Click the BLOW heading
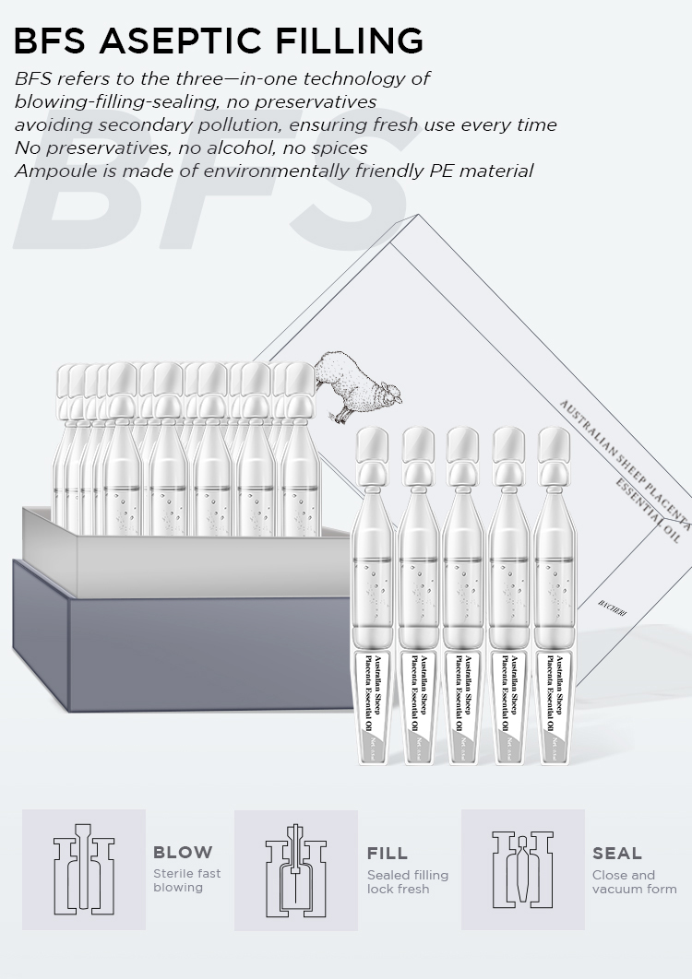pyautogui.click(x=183, y=853)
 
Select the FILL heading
pyautogui.click(x=388, y=854)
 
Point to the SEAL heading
pyautogui.click(x=617, y=854)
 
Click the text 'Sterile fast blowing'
pyautogui.click(x=186, y=880)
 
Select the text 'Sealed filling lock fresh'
pyautogui.click(x=407, y=882)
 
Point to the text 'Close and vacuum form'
pyautogui.click(x=634, y=882)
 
